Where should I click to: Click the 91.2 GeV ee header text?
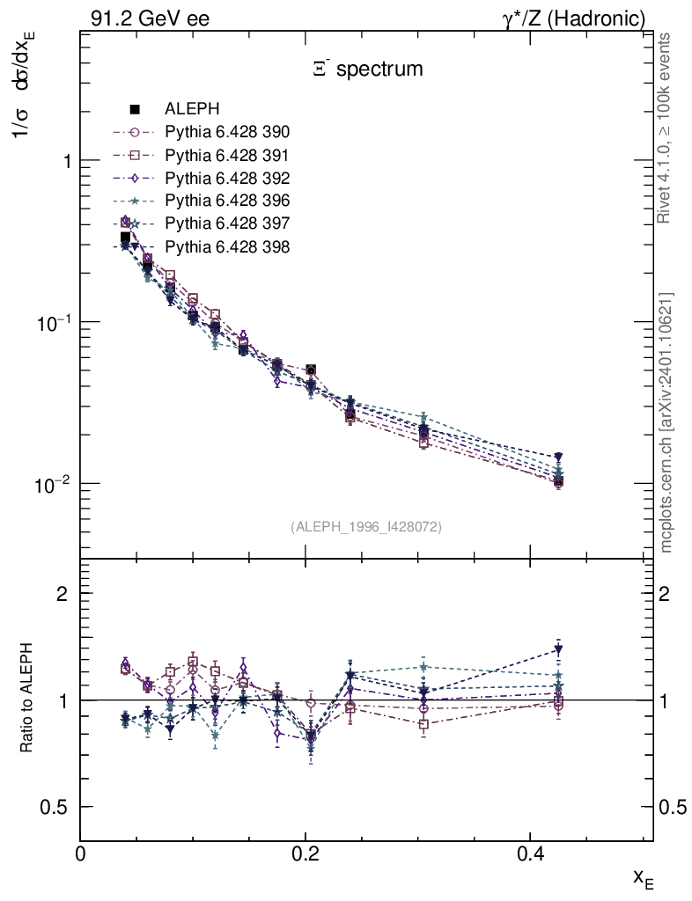click(x=150, y=18)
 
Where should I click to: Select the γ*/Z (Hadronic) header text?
click(x=574, y=18)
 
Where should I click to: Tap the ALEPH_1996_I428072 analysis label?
click(x=365, y=526)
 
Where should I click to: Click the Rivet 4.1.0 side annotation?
click(x=666, y=128)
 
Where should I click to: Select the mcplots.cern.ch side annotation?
click(x=666, y=422)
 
